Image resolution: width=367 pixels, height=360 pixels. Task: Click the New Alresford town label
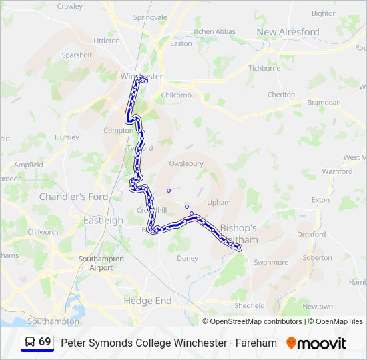(288, 32)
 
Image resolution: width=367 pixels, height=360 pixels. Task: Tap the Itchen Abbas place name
(214, 31)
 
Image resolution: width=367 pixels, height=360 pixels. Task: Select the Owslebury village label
(186, 163)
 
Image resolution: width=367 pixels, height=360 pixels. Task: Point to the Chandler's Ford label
(73, 197)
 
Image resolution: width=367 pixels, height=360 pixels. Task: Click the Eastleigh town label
(103, 220)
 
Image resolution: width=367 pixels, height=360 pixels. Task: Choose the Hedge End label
(147, 301)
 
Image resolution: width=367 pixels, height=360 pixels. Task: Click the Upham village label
(219, 202)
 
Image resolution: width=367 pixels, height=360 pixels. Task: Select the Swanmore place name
(271, 263)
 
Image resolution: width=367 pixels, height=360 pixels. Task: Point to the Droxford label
(311, 234)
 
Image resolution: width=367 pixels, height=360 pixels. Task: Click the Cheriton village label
(281, 95)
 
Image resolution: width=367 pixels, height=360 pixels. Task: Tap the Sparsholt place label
(77, 55)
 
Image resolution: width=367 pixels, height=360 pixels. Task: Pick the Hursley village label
(67, 137)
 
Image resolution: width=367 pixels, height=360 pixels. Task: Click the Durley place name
(188, 258)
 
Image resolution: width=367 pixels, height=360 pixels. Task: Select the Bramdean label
(324, 103)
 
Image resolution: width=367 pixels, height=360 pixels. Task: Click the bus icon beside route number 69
(30, 343)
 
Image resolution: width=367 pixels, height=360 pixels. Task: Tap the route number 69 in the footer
(45, 342)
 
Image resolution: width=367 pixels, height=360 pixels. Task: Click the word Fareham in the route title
(257, 343)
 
